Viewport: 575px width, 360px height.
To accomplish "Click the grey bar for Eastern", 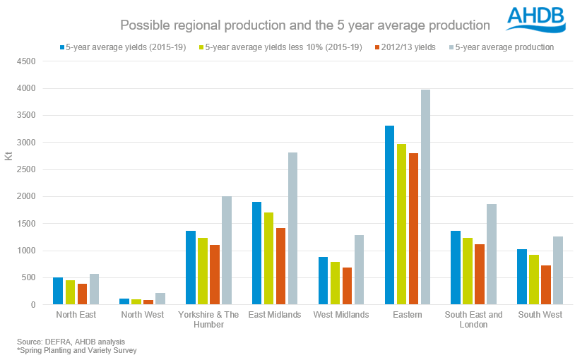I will click(x=426, y=198).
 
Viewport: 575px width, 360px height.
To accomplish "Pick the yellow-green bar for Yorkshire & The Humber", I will click(x=203, y=271).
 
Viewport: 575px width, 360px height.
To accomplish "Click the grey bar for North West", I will click(x=160, y=299).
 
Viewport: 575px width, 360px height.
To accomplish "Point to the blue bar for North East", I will click(x=58, y=292).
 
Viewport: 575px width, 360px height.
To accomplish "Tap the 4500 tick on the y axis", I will click(x=27, y=61).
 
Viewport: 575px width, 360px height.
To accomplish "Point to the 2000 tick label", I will click(x=27, y=197).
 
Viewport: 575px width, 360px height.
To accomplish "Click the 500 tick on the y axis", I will click(x=30, y=278).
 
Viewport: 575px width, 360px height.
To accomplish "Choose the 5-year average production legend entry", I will click(x=504, y=47).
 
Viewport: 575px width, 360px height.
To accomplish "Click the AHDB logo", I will click(x=536, y=19).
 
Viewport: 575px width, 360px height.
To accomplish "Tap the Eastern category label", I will click(x=407, y=315).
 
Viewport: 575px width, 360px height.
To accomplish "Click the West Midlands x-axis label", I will click(x=341, y=315).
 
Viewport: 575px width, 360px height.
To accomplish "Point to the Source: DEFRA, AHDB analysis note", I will click(x=60, y=341).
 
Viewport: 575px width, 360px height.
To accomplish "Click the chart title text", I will click(x=305, y=25).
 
